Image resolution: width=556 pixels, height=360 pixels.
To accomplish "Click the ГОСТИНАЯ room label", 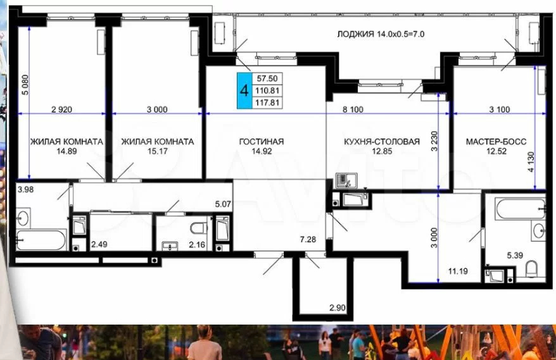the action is [x=262, y=142].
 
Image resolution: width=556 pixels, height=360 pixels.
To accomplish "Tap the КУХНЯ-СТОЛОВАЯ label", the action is [x=382, y=142].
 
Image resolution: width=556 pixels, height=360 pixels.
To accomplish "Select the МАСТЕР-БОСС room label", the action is [x=496, y=142].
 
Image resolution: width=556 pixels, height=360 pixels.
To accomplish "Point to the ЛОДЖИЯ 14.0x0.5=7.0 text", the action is [x=381, y=34].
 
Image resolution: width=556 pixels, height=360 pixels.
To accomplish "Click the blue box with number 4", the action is [x=244, y=90].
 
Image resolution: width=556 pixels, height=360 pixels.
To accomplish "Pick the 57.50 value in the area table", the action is [x=267, y=78].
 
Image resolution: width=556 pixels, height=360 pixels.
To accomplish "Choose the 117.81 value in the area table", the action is [x=267, y=102].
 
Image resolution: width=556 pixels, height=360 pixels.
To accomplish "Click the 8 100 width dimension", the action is [x=353, y=109].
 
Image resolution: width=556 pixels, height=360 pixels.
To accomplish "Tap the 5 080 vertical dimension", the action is [x=25, y=84].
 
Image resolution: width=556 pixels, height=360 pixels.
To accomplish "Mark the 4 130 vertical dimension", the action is [x=531, y=162].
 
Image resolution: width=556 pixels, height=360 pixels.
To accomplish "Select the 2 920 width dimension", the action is [x=61, y=109].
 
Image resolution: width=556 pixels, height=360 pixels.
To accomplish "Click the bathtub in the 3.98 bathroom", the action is [x=41, y=240].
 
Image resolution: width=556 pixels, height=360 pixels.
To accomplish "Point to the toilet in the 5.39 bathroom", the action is [x=531, y=269].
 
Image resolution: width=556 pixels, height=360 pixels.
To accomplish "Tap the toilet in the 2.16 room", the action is [x=199, y=228].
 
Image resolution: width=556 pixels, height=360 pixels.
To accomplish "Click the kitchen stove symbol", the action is [x=346, y=181].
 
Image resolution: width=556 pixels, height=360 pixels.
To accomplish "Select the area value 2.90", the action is [x=338, y=308].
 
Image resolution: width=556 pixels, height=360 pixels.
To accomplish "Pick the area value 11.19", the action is [x=458, y=271].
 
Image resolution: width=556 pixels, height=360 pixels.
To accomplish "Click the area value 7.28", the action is [x=308, y=240].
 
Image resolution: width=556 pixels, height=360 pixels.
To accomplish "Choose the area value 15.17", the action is [x=158, y=151].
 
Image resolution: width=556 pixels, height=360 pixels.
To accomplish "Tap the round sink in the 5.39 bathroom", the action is [x=539, y=230].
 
